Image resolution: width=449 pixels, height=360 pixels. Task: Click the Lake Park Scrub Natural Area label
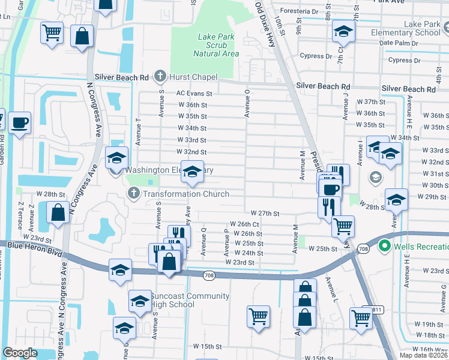tap(218, 45)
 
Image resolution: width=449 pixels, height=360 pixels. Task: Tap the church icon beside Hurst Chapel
tap(159, 76)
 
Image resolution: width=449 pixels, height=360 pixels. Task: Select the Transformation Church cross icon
tap(133, 193)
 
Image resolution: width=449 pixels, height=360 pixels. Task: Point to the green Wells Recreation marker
tap(385, 246)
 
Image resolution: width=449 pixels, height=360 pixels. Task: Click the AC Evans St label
tap(194, 94)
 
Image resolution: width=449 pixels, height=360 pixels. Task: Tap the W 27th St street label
tap(265, 213)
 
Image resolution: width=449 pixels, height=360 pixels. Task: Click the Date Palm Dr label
tap(392, 43)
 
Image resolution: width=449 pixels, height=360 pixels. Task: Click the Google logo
tap(20, 353)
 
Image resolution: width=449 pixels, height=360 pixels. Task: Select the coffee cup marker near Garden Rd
tap(20, 122)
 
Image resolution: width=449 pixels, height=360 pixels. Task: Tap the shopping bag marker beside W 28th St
tap(58, 212)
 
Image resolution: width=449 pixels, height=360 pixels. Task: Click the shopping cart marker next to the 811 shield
tap(361, 317)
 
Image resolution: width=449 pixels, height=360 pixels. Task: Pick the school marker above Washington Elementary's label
tap(192, 172)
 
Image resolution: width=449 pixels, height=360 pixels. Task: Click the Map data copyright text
tap(424, 355)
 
